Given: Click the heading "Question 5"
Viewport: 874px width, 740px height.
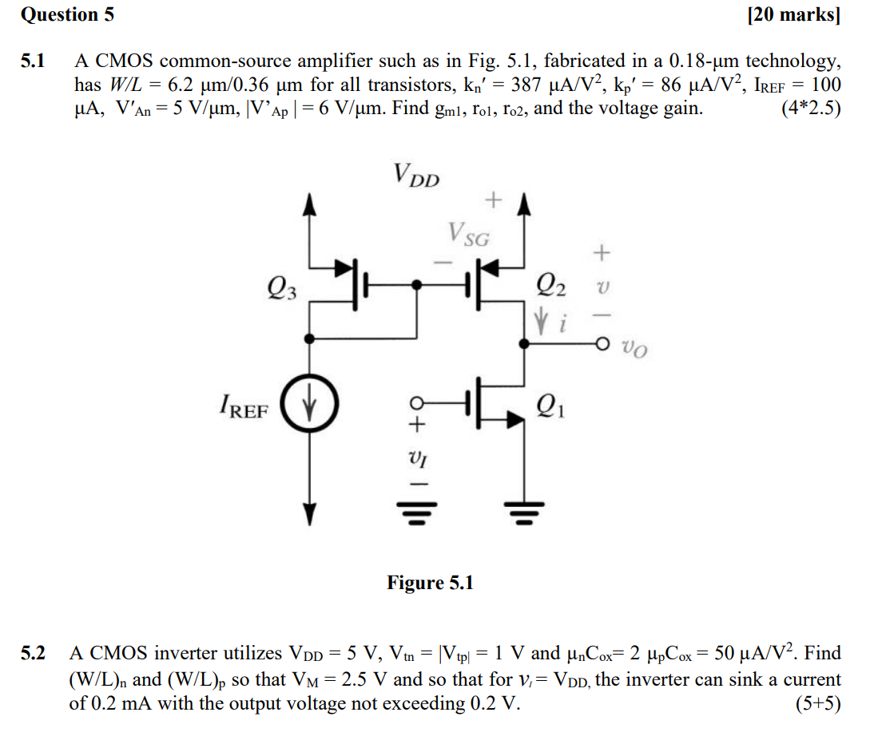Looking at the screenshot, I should (x=67, y=14).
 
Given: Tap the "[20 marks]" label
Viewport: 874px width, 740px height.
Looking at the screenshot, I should (x=793, y=14).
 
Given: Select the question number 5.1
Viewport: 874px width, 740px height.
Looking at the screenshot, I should (x=34, y=61).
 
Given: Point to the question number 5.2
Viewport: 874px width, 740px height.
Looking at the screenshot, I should (x=34, y=654).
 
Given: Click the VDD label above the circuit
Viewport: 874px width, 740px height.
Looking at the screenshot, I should (x=415, y=174).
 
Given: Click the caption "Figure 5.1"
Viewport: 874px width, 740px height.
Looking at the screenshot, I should (x=430, y=583).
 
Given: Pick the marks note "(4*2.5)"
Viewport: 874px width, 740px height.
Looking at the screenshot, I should (x=810, y=108).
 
